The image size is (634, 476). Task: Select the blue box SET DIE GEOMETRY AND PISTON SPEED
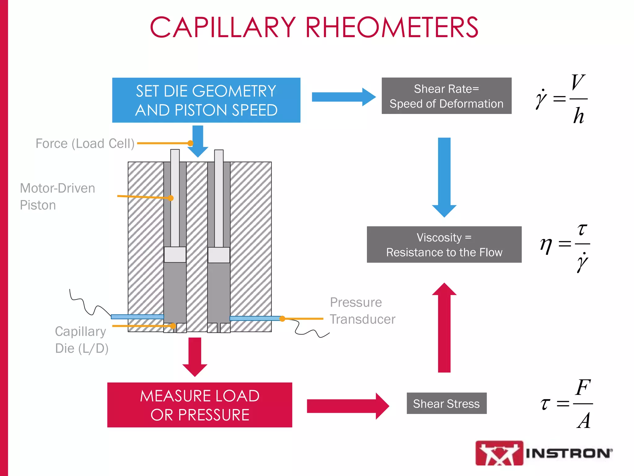coord(206,100)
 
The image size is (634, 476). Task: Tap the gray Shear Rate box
coord(446,96)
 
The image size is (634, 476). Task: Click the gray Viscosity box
coord(444,245)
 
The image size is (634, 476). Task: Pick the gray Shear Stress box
coord(446,403)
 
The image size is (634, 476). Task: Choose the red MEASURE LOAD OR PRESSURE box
coord(200,405)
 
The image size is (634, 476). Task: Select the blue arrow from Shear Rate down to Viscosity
coord(444,177)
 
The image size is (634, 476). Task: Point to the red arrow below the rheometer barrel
coord(195,356)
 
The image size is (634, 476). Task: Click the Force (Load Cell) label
coord(85,143)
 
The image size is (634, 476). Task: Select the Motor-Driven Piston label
coord(57,196)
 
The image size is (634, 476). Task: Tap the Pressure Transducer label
coord(362,311)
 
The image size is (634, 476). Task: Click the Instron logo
coord(544,453)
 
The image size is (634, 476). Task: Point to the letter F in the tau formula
coord(583,387)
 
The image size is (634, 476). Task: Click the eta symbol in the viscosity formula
coord(546,245)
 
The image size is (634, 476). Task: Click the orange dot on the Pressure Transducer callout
coord(282,319)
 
